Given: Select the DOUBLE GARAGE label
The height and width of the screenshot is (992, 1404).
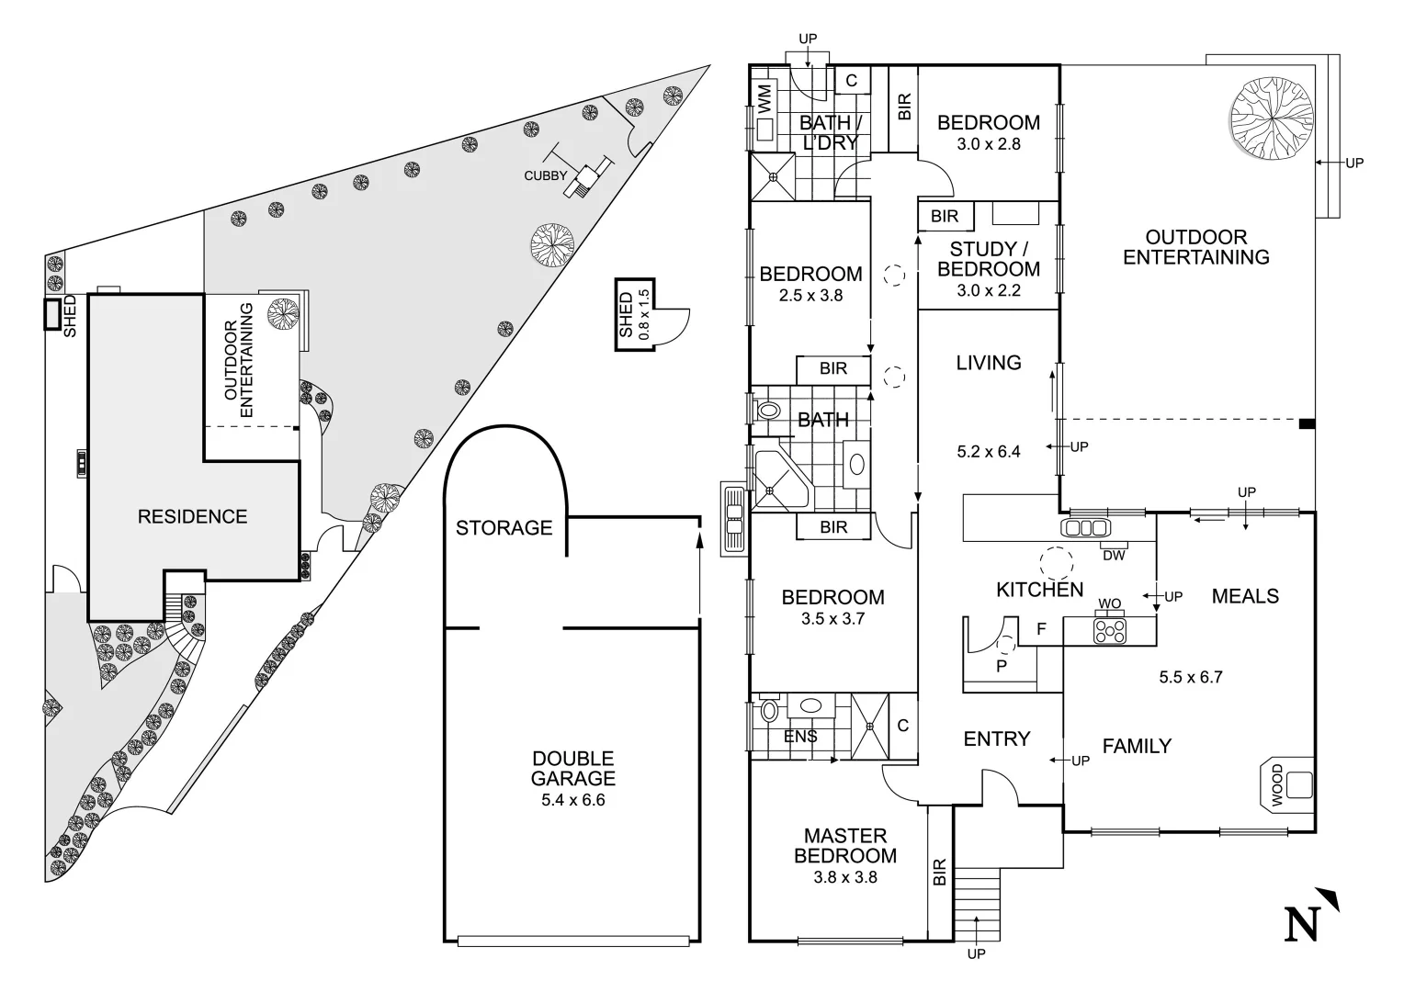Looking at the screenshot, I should tap(573, 769).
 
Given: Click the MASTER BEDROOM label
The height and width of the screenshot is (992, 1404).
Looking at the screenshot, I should tap(845, 846).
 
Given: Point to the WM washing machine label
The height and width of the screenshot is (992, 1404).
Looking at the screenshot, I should tap(764, 96).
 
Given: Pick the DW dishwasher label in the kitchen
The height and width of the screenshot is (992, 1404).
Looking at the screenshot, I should tap(1113, 555).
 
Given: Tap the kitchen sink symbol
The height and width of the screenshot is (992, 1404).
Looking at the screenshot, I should tap(1085, 528).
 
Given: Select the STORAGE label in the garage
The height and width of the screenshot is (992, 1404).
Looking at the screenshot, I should tap(504, 528).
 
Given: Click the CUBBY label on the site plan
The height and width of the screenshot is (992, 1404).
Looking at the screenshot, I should tap(546, 175).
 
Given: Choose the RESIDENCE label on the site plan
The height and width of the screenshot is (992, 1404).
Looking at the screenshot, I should tap(192, 517).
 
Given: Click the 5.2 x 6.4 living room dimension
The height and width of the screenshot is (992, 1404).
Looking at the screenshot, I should tap(989, 451).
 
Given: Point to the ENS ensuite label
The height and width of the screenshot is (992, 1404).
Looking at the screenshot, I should tap(800, 737).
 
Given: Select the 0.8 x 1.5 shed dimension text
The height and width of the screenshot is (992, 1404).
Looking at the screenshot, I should tap(644, 315).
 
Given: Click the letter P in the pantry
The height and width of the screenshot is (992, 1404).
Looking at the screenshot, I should tap(1002, 666).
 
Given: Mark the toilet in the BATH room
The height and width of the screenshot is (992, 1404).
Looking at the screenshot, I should tap(765, 411).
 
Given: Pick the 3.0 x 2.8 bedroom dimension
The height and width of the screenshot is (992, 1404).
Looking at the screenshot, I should tap(989, 144).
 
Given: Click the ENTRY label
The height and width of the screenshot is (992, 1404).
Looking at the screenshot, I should tap(997, 739).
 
